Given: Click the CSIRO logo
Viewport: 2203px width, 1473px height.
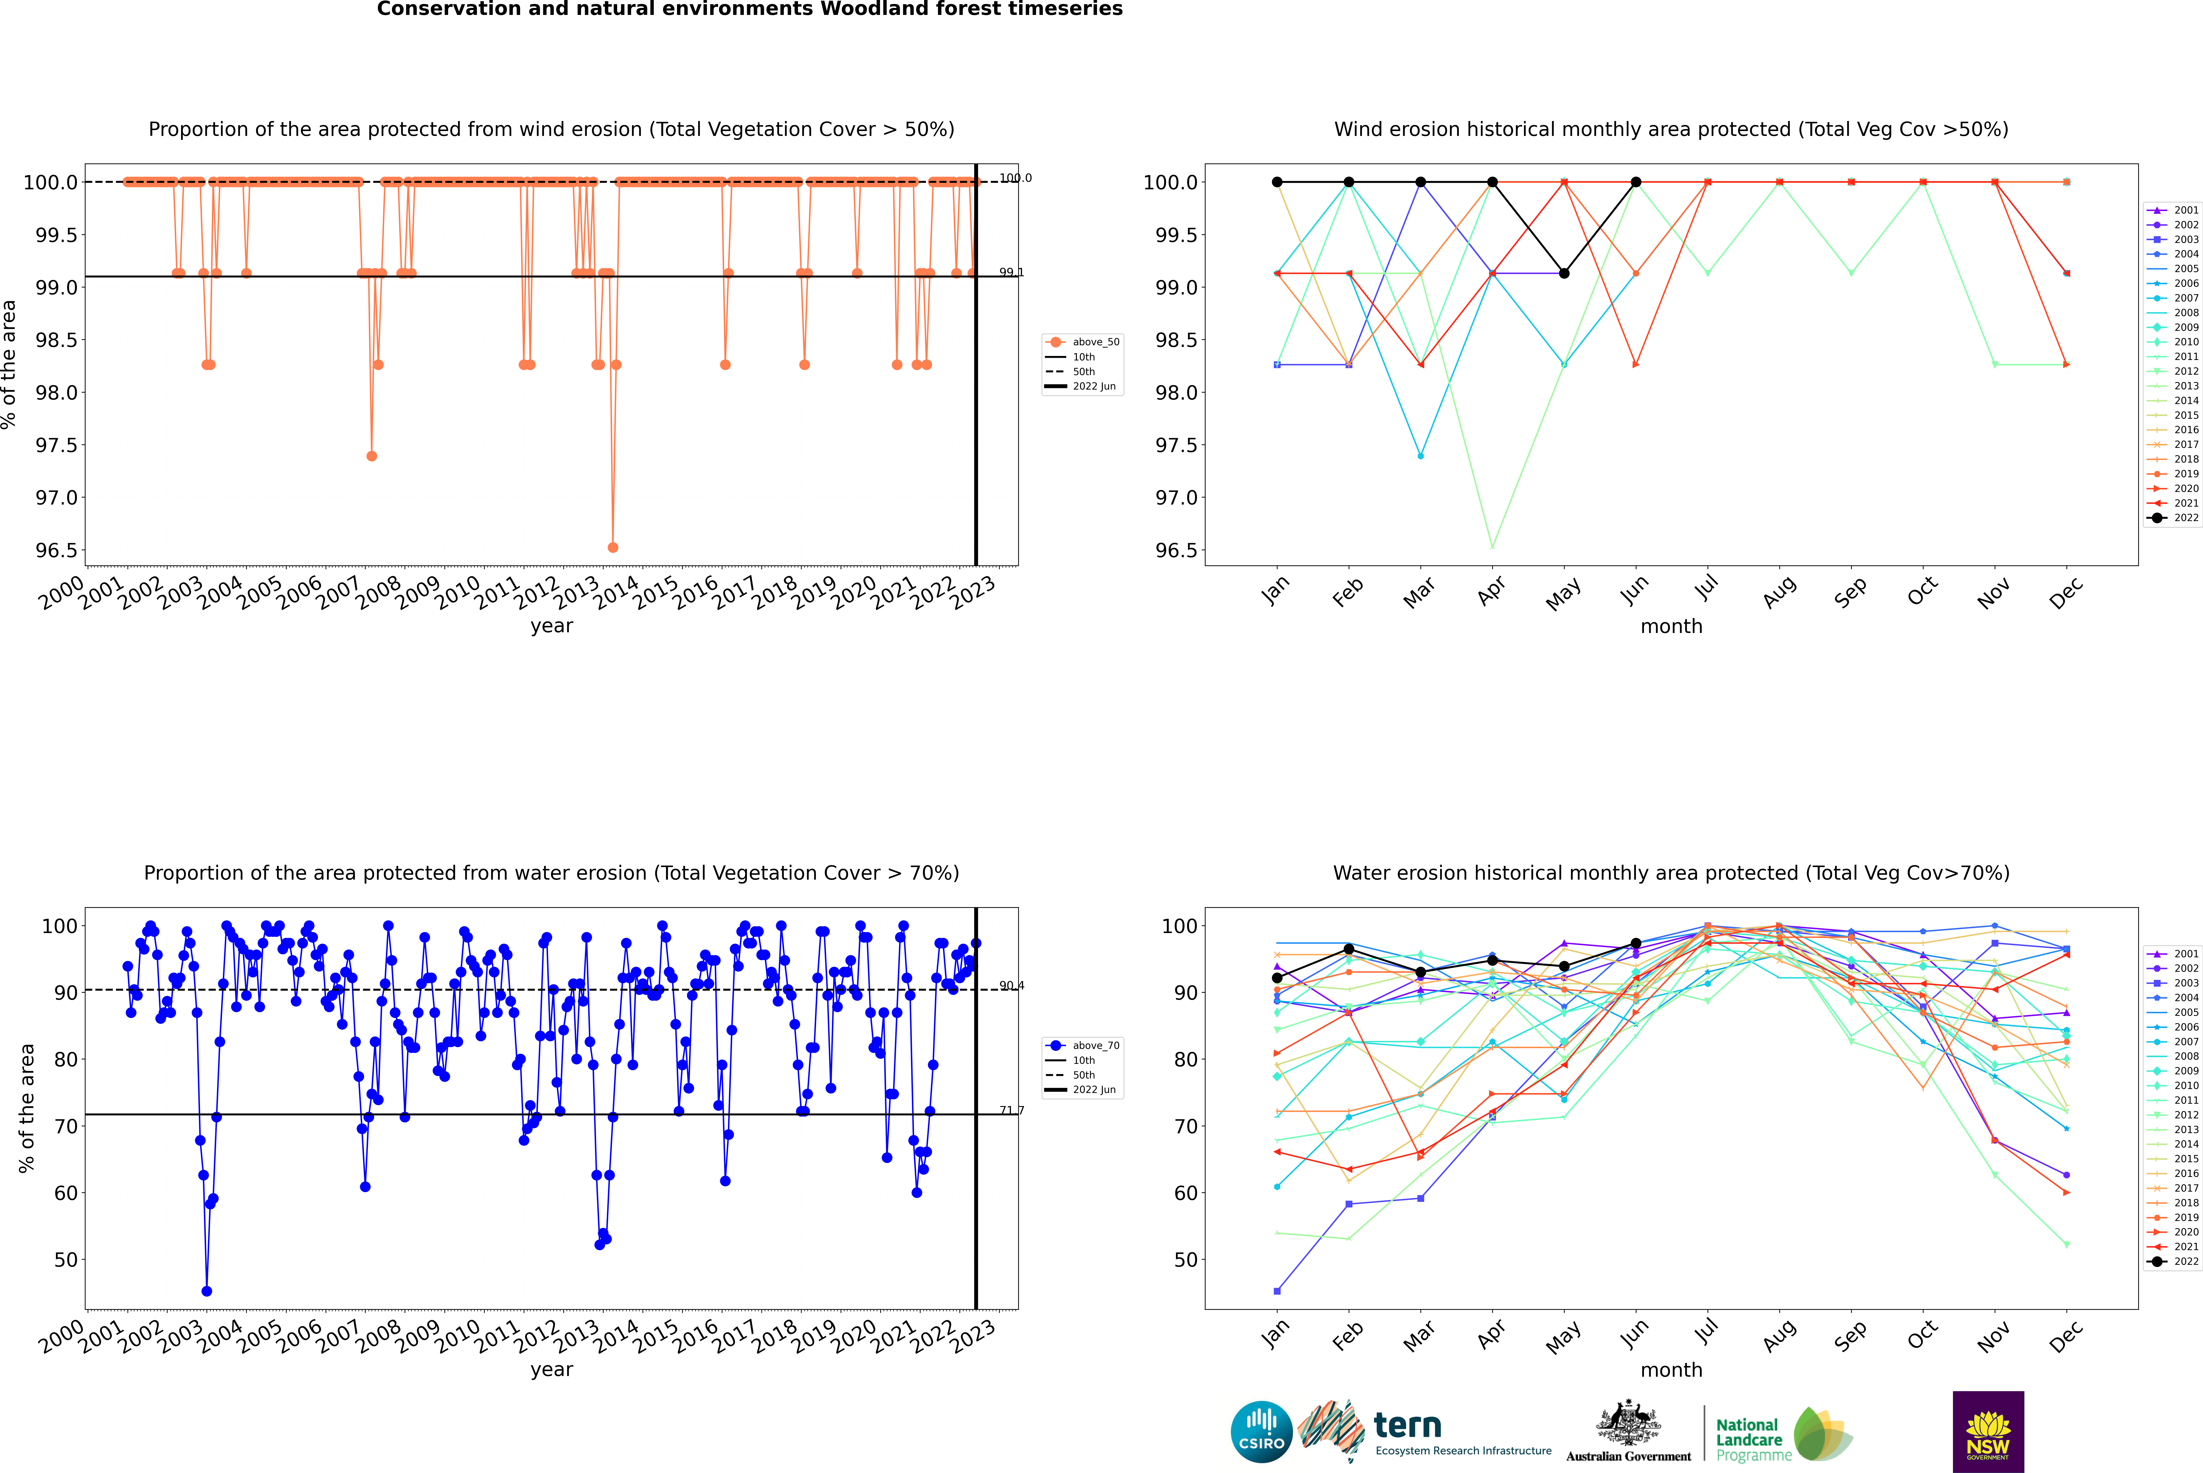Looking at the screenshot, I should pyautogui.click(x=1261, y=1432).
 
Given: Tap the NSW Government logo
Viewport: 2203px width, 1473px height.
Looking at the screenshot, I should pyautogui.click(x=1988, y=1432).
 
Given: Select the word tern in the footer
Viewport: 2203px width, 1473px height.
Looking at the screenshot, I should pyautogui.click(x=1407, y=1425).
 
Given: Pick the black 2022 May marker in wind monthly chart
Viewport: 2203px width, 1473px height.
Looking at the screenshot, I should pyautogui.click(x=1564, y=273).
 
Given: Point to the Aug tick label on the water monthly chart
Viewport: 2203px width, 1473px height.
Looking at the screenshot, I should pyautogui.click(x=1780, y=1335).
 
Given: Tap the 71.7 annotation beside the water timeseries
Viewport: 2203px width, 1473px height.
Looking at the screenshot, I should pyautogui.click(x=1011, y=1110).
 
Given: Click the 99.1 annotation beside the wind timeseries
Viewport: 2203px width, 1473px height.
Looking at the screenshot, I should pyautogui.click(x=1011, y=273).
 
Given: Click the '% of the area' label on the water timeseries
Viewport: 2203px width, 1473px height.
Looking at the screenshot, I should pyautogui.click(x=26, y=1109).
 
